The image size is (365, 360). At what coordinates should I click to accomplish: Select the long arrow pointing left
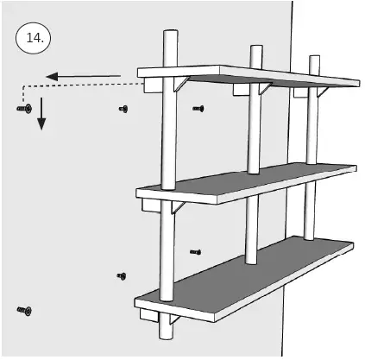tap(82, 77)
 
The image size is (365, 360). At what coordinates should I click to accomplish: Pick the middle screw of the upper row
tap(123, 109)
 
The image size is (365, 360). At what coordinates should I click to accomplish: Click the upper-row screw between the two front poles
tap(198, 108)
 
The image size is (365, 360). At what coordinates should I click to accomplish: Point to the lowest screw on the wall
tap(23, 308)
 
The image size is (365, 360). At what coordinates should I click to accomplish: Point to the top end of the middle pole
tap(255, 47)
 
